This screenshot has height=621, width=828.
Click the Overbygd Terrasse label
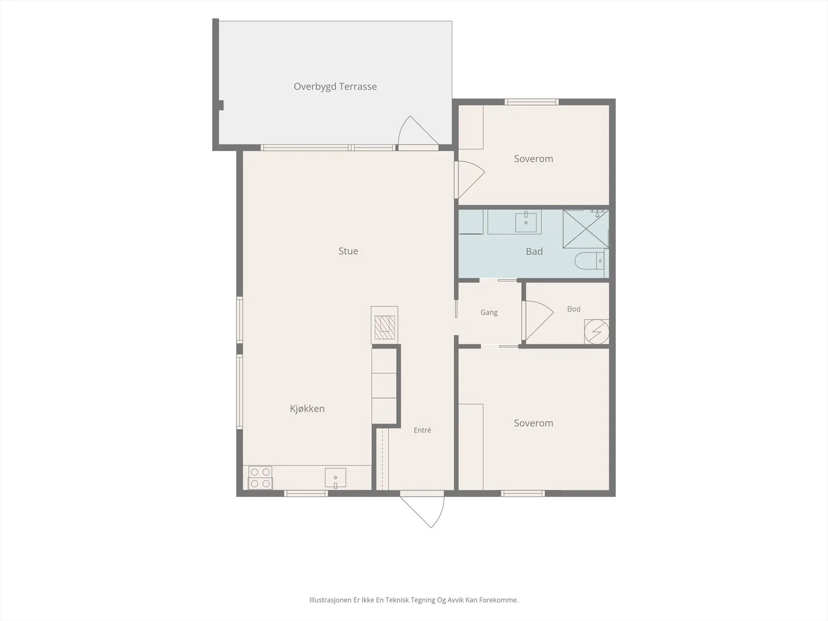click(x=335, y=87)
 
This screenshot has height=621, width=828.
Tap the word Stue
click(x=348, y=251)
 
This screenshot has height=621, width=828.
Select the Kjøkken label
click(x=307, y=409)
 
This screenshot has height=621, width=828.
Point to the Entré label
click(x=422, y=430)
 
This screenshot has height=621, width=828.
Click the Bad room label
click(x=534, y=252)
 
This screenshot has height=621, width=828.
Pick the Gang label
click(x=489, y=313)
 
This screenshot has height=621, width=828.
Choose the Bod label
click(x=573, y=309)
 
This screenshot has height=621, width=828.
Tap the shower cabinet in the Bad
click(x=585, y=229)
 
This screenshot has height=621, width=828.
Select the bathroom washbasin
click(x=525, y=221)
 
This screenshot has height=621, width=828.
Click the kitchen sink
click(x=335, y=478)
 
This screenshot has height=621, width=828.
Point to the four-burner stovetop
click(x=260, y=477)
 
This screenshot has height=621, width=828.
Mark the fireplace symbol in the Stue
click(x=385, y=325)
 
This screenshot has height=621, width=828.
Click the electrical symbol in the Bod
click(x=596, y=332)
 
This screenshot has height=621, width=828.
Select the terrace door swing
click(x=418, y=130)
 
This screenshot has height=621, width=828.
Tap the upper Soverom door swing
click(x=471, y=180)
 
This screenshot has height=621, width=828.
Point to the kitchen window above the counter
click(x=306, y=494)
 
